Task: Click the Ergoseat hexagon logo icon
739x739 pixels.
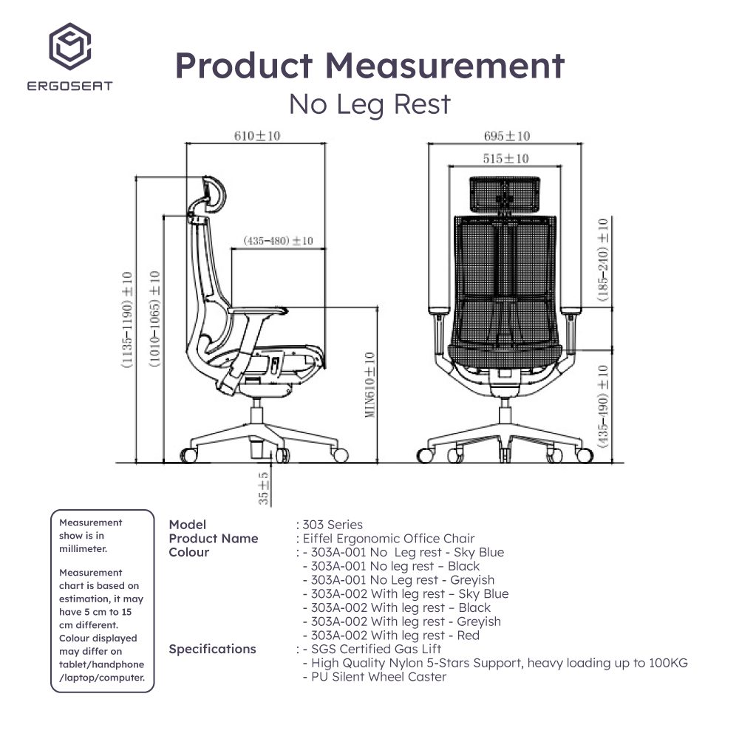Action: click(x=71, y=47)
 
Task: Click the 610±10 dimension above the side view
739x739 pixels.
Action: click(x=256, y=136)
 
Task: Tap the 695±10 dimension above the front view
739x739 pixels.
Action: click(x=507, y=136)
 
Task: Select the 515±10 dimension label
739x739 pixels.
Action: click(x=506, y=158)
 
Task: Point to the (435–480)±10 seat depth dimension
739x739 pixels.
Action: click(x=278, y=241)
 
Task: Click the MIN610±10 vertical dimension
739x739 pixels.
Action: click(x=369, y=384)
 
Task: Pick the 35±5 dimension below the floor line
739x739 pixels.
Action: click(x=264, y=488)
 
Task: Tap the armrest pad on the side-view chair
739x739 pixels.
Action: click(x=259, y=313)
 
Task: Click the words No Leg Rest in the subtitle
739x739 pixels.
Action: click(x=369, y=104)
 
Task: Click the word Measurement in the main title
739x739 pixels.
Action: click(x=446, y=66)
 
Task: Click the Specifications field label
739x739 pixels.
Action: click(x=212, y=649)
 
